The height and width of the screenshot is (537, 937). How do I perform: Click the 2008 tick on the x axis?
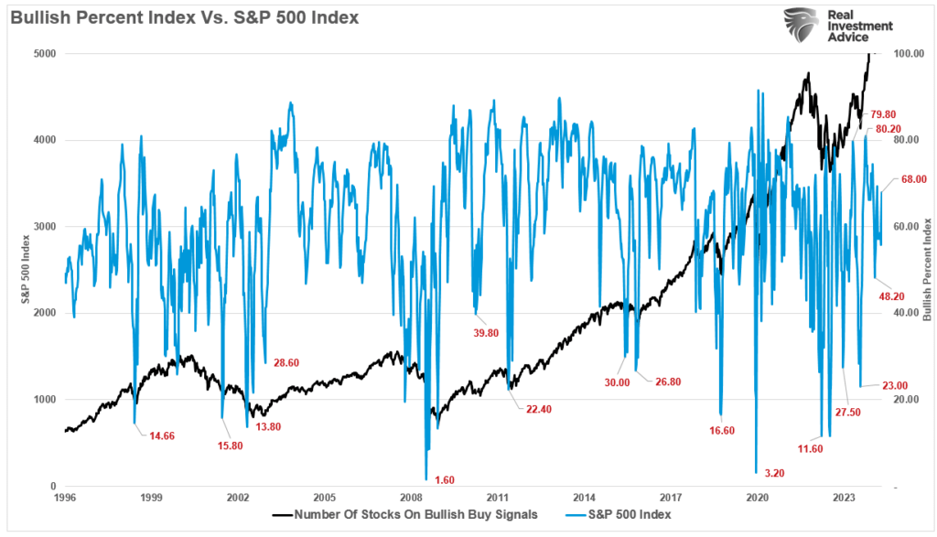[x=410, y=499]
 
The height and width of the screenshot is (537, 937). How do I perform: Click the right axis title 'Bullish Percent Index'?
[x=926, y=270]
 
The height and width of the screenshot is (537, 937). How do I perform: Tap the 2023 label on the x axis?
[x=844, y=499]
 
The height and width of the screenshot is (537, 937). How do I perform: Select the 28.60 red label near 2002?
[x=287, y=363]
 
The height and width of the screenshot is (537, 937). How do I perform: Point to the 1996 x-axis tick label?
[x=64, y=499]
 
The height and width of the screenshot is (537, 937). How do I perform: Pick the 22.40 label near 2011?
[x=538, y=409]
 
